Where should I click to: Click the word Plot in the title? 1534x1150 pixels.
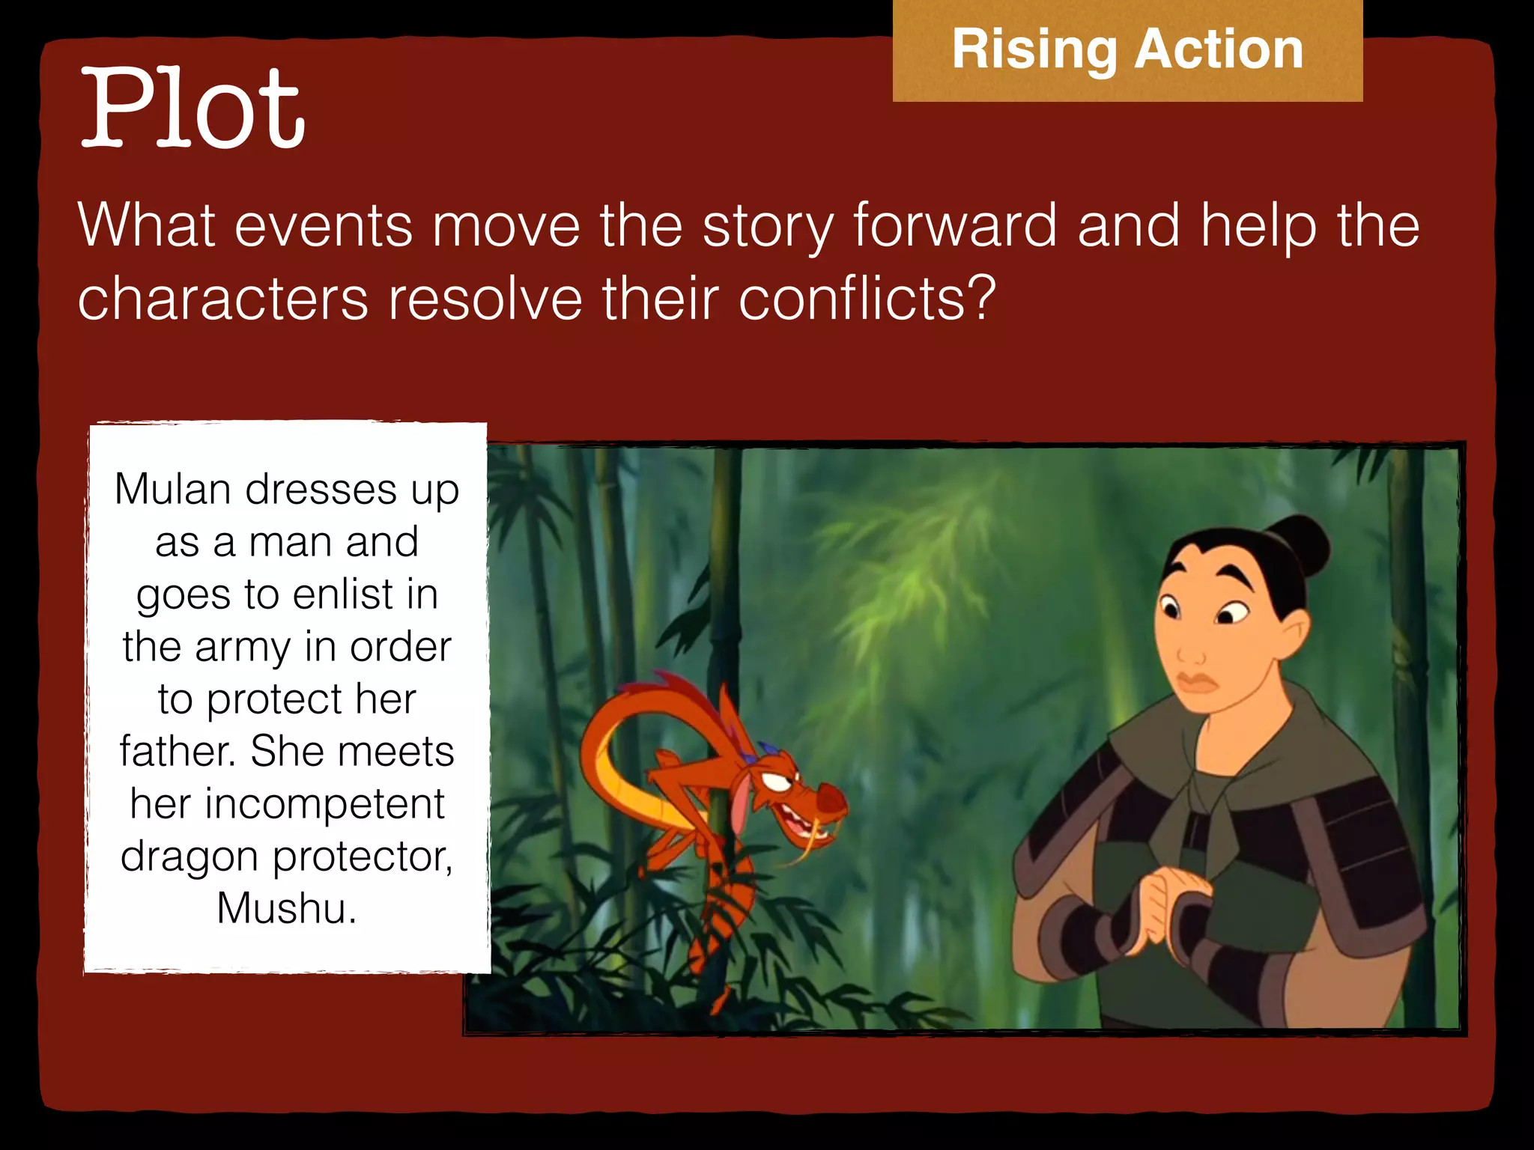tap(192, 109)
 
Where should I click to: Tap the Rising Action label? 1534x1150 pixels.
tap(1127, 49)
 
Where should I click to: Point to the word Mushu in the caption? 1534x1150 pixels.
tap(286, 908)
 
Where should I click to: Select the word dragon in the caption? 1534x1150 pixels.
tap(189, 857)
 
